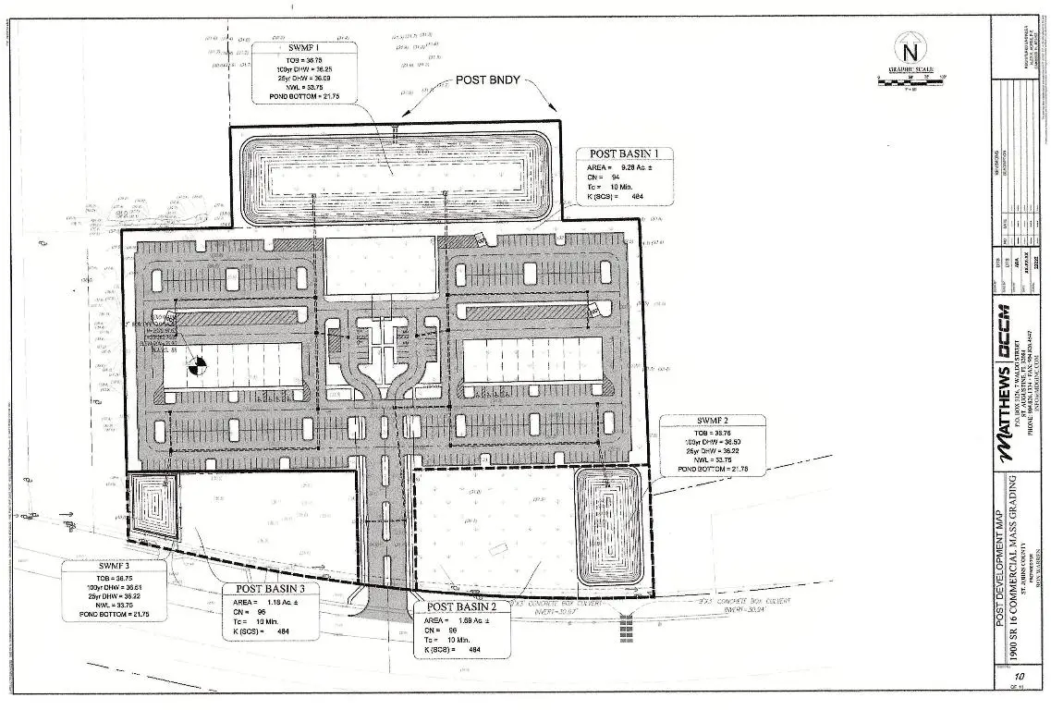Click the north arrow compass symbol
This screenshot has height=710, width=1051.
click(x=910, y=47)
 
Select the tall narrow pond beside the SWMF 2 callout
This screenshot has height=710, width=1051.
click(x=606, y=525)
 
